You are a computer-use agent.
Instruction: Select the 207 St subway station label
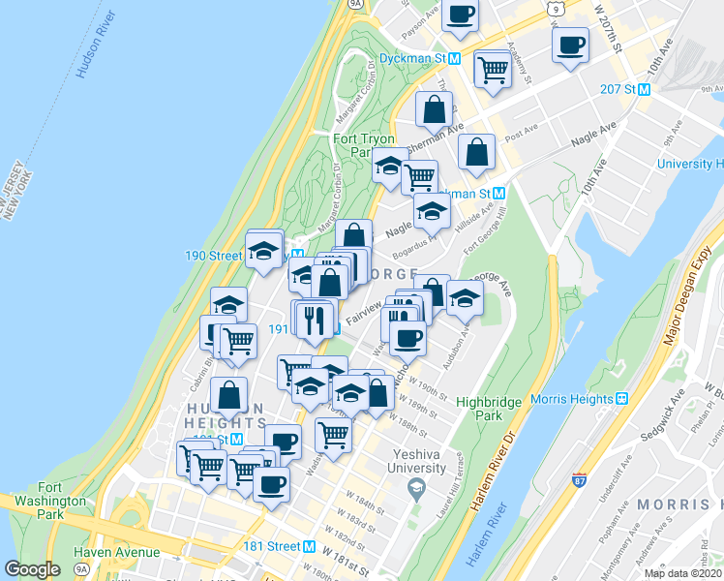pos(623,90)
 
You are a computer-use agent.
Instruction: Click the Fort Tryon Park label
pos(364,145)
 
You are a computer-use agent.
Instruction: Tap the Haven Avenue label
pos(117,552)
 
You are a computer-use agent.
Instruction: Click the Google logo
pos(32,569)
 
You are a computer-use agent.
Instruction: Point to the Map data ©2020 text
pos(682,573)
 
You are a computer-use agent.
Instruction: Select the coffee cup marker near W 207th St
pos(570,44)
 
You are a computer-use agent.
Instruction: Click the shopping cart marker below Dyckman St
pos(493,70)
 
